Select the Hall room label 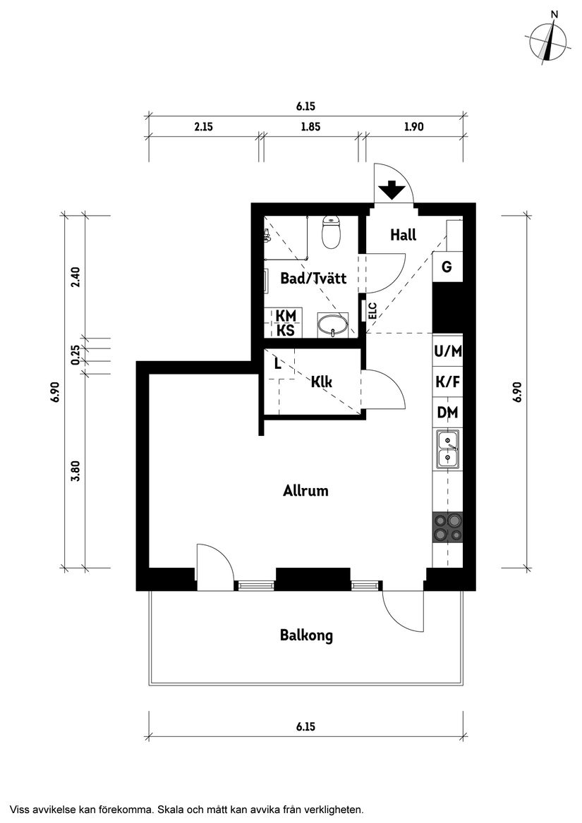point(403,236)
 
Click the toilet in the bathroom point(331,231)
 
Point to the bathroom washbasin point(331,326)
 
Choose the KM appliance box point(285,315)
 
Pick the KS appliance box point(285,330)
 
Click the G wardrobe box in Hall point(447,267)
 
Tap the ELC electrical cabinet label point(372,311)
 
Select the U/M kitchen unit point(447,350)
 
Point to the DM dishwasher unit point(447,413)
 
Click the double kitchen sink point(447,450)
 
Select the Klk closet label point(322,382)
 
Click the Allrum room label point(305,490)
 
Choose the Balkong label point(306,635)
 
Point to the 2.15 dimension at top point(203,127)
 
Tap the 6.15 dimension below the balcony point(305,726)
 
